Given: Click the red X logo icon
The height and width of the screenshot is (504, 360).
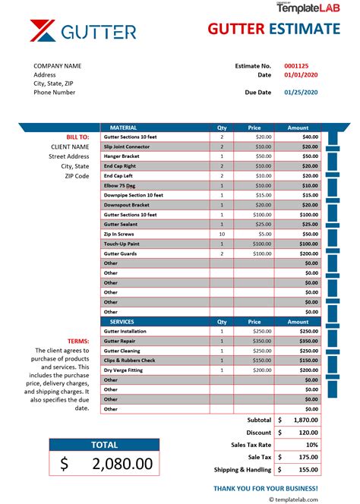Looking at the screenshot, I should [44, 31].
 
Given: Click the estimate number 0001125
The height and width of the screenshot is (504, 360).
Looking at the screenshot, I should [297, 66].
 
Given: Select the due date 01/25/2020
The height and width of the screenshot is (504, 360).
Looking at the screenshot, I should [300, 93].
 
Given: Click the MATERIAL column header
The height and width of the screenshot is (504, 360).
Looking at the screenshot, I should [123, 128].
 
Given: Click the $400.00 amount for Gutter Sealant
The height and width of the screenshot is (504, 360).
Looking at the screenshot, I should [308, 224].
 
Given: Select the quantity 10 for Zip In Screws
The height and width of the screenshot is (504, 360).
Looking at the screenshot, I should [222, 234].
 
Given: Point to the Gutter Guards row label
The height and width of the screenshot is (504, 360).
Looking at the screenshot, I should [120, 254].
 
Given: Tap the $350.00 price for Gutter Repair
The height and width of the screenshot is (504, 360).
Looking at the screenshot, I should [263, 341].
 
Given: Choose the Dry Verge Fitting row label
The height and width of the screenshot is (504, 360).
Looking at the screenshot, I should [123, 370].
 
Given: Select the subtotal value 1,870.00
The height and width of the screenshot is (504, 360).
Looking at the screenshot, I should [303, 420].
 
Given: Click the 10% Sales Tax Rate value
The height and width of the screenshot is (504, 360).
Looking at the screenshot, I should [311, 444].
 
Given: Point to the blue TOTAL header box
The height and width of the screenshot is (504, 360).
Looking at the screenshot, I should [104, 445].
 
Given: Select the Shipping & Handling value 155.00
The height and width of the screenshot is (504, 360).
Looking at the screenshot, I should [306, 469].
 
